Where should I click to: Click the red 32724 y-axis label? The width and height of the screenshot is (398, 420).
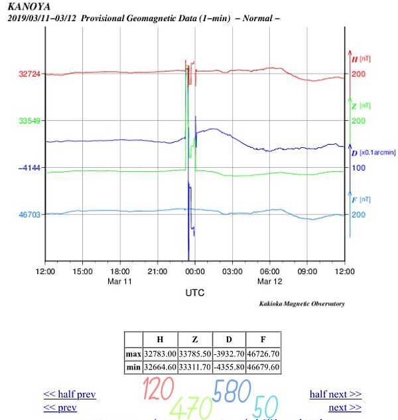click(x=29, y=74)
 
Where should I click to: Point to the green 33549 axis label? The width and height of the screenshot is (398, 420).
click(x=29, y=121)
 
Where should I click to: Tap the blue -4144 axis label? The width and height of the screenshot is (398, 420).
click(x=29, y=168)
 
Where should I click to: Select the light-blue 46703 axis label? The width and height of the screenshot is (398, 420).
click(x=29, y=215)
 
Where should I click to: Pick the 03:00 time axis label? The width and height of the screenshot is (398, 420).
click(x=232, y=271)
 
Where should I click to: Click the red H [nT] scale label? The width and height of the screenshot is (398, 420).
click(x=361, y=59)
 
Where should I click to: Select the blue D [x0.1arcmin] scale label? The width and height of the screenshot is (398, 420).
click(x=373, y=153)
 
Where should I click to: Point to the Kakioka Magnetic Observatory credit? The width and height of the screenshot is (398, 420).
click(x=302, y=303)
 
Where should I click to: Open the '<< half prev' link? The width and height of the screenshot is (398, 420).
click(x=70, y=394)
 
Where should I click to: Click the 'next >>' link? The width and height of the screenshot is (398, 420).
click(x=345, y=407)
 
